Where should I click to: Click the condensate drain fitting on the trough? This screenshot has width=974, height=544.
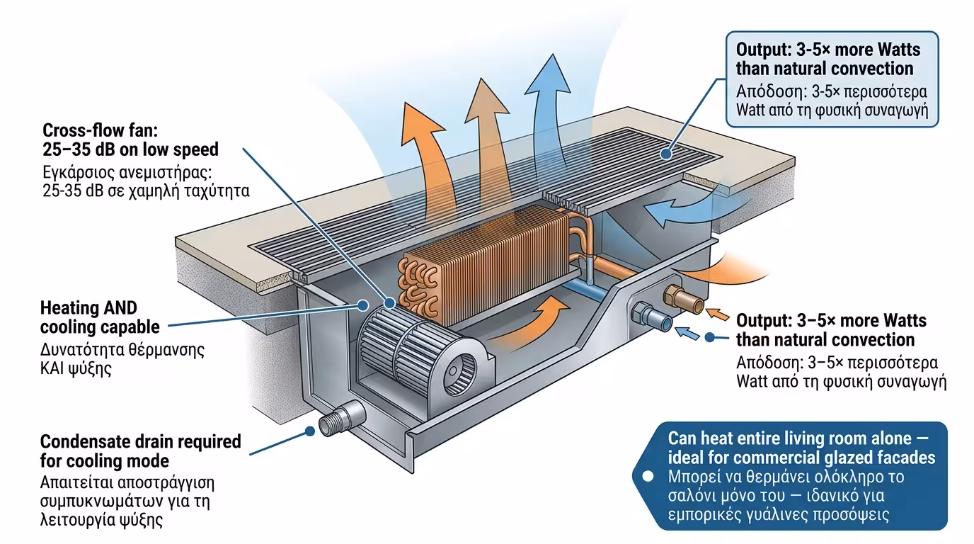coord(343,419)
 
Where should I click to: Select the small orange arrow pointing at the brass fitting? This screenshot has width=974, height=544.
coord(716,313)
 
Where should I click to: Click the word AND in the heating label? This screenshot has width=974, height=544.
coord(122,308)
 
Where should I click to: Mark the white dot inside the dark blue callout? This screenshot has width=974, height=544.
coord(646,477)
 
